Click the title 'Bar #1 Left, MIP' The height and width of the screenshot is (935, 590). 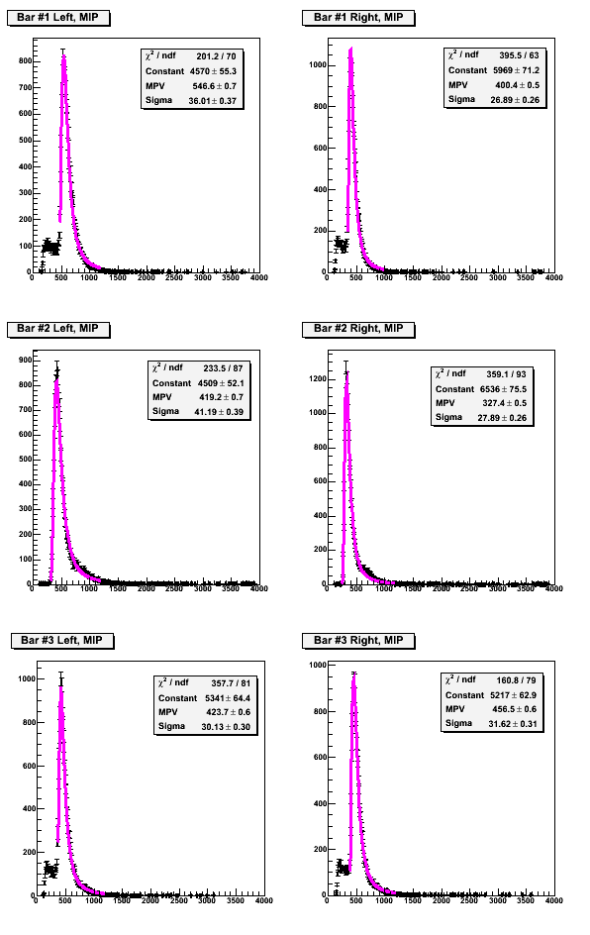point(57,17)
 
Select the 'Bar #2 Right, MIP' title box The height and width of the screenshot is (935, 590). point(358,329)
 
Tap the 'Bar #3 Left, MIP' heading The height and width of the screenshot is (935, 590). point(62,641)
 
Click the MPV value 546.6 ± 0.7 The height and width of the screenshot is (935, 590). point(215,86)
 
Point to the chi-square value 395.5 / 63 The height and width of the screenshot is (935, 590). point(519,55)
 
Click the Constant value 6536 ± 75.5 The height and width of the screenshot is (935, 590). point(504,389)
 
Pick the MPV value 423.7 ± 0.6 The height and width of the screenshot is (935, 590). point(229,712)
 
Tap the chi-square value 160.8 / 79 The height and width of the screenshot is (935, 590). point(516,680)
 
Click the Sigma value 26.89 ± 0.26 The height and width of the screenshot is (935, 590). point(515,100)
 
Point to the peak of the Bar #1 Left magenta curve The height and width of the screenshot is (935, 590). point(63,56)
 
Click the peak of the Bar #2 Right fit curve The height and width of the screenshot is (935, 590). point(346,373)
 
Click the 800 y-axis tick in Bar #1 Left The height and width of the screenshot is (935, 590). point(25,60)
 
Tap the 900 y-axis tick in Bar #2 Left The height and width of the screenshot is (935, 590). point(25,361)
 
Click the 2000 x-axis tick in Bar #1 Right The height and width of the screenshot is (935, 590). point(441,278)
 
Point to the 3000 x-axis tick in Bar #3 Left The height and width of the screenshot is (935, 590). point(207,901)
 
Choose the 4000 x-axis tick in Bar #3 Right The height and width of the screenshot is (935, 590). point(554,901)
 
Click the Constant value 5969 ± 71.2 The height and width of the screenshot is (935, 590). point(516,70)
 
